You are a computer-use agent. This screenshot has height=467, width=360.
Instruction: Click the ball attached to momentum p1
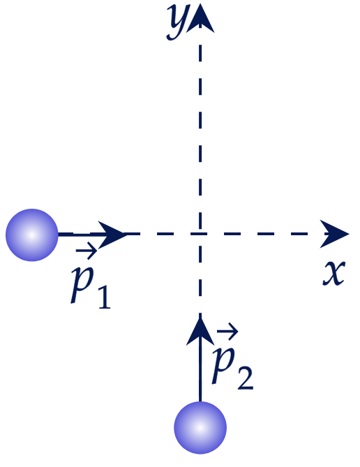pos(32,235)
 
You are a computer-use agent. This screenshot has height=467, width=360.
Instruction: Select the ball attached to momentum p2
pos(200,428)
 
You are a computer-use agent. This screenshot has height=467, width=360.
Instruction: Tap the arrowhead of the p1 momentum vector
pos(112,235)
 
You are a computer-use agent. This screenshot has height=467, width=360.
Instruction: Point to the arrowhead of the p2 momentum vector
pos(200,331)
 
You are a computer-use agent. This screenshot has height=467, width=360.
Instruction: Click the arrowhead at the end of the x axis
pos(334,234)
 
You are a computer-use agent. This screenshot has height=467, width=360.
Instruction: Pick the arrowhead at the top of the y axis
pos(200,18)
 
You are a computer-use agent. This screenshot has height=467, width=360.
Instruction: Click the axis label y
pos(177,22)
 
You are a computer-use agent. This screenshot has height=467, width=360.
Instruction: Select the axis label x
pos(334,273)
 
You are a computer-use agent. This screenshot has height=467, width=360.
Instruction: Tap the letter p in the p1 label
pos(82,284)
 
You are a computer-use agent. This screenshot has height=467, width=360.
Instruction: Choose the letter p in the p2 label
pos(223,365)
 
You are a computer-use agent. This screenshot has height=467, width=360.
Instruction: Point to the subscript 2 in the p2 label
pos(245,378)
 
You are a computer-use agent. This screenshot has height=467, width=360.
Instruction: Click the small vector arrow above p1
pos(87,251)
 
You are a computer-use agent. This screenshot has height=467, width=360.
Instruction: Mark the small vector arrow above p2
pos(227,331)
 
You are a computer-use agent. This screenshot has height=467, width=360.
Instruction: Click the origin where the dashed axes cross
pos(200,234)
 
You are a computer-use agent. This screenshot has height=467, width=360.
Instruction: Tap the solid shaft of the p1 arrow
pos(80,235)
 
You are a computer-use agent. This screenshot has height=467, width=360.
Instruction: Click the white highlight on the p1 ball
pos(32,235)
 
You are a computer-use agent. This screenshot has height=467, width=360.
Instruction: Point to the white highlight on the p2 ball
pos(200,428)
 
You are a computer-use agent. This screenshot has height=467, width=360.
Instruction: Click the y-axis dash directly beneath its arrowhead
pos(200,53)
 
